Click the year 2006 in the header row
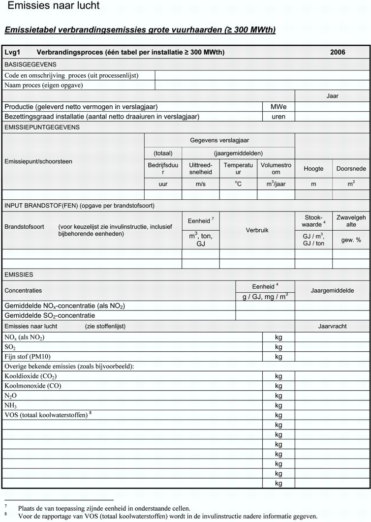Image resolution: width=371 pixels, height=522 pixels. (x=338, y=52)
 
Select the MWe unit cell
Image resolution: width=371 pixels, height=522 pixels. (x=278, y=107)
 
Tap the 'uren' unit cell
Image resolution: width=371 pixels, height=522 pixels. (x=278, y=117)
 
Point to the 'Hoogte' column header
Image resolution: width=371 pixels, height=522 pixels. (x=313, y=169)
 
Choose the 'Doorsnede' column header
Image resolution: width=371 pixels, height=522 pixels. (x=351, y=169)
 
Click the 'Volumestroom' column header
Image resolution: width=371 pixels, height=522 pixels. (x=276, y=169)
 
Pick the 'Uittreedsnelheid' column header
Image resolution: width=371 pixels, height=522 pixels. (x=200, y=169)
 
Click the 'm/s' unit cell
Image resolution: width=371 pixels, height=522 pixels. (x=200, y=184)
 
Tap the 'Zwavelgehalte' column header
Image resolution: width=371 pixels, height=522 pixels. (x=351, y=221)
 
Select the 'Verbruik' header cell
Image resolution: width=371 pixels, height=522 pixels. (x=257, y=230)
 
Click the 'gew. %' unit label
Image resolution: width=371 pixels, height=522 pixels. (x=351, y=240)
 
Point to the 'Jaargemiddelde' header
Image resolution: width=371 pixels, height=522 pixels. (x=332, y=291)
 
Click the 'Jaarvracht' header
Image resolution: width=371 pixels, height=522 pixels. (x=332, y=326)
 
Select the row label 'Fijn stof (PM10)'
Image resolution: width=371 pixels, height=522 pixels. (x=28, y=357)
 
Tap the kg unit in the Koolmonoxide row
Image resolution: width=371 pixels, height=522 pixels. (x=278, y=386)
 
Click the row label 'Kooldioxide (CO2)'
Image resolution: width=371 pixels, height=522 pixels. (x=33, y=376)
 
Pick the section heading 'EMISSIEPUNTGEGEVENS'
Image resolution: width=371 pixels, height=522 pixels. (x=42, y=127)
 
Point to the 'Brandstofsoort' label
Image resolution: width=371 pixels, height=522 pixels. (x=24, y=227)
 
